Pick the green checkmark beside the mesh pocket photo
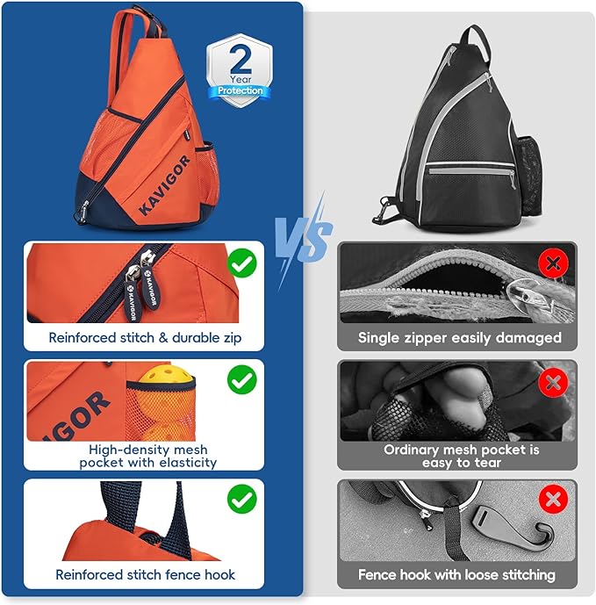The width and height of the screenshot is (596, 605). (x=241, y=379)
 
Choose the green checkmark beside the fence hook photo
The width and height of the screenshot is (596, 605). (x=241, y=499)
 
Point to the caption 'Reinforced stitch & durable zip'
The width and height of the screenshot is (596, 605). (x=145, y=337)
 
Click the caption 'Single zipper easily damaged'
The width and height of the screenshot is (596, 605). (x=459, y=338)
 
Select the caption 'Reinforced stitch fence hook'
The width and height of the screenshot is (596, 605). (x=145, y=575)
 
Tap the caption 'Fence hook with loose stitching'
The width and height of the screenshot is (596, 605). (x=456, y=575)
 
